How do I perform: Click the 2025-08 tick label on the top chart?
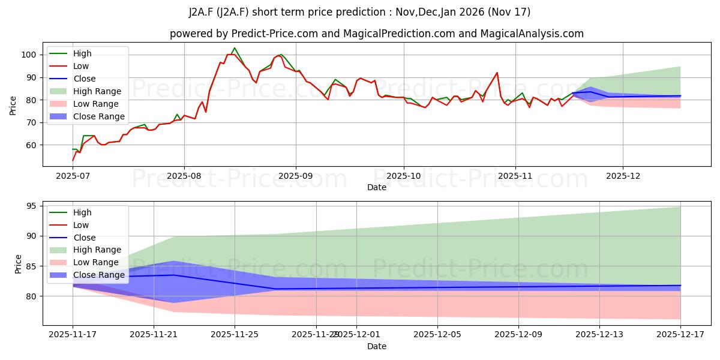coord(184,176)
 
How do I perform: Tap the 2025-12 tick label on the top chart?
coord(623,176)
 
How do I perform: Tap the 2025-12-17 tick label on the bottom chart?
coord(680,335)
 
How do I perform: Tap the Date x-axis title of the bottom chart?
coord(377,346)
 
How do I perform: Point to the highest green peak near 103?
coord(234,48)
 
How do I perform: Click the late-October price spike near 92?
coord(497,73)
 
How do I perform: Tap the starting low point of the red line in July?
coord(73,160)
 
